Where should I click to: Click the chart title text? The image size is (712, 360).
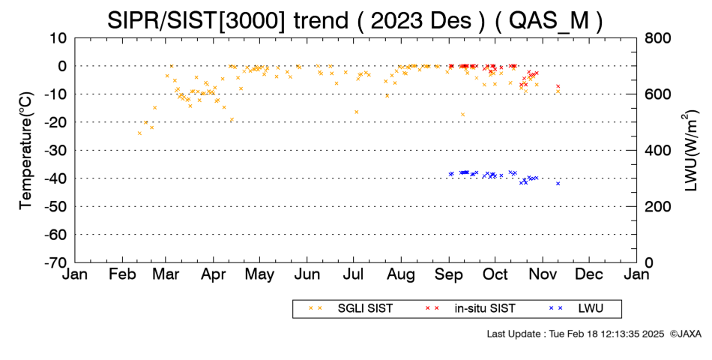[x=355, y=19]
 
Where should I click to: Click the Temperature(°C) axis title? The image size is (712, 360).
[x=26, y=151]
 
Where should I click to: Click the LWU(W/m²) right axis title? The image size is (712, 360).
[x=688, y=151]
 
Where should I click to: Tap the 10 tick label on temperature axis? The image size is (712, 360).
[x=58, y=38]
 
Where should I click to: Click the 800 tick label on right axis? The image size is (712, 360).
[x=657, y=38]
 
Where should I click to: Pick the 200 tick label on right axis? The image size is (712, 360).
[x=657, y=206]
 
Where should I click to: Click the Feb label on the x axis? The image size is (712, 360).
[x=123, y=274]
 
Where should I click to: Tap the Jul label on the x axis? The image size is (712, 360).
[x=353, y=274]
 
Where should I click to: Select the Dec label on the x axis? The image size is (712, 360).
[x=589, y=274]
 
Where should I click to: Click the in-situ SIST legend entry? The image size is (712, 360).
[x=470, y=309]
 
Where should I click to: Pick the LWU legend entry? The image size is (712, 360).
[x=576, y=309]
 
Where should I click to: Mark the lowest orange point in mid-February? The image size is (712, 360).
[x=139, y=133]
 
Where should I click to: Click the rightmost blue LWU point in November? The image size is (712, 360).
[x=558, y=184]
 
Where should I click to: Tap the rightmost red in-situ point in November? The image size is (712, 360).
[x=558, y=86]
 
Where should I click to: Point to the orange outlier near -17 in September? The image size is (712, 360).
[x=462, y=115]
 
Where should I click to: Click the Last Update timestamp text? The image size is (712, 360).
[x=576, y=334]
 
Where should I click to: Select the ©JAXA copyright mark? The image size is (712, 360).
[x=685, y=334]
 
